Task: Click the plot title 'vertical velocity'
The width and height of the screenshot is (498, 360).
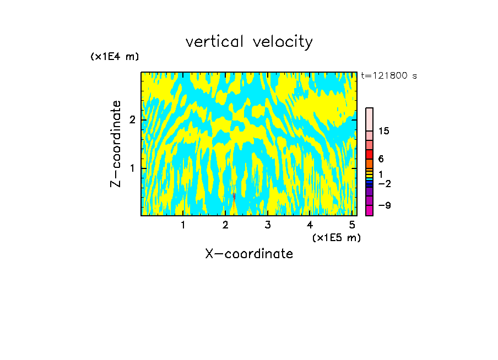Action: [249, 42]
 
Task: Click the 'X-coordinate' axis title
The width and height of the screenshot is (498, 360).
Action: [249, 254]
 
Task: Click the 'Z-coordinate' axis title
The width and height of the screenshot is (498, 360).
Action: [116, 144]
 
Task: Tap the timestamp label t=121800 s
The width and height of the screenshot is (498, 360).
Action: [388, 76]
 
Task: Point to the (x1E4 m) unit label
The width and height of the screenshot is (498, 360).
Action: [115, 57]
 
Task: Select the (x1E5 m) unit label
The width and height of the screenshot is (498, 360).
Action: [336, 237]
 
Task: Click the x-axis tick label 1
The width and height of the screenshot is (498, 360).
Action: [183, 225]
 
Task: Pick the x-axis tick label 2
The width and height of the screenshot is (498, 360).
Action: [225, 225]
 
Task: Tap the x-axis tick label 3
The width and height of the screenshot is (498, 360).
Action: [268, 225]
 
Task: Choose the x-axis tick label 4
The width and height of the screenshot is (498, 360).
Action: [310, 225]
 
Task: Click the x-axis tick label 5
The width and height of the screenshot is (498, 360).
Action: [352, 225]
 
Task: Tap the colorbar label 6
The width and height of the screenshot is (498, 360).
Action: [381, 159]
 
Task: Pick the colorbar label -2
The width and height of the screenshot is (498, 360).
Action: [384, 184]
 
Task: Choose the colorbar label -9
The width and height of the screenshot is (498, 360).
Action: [384, 206]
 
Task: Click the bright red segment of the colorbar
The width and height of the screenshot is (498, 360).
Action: [369, 154]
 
